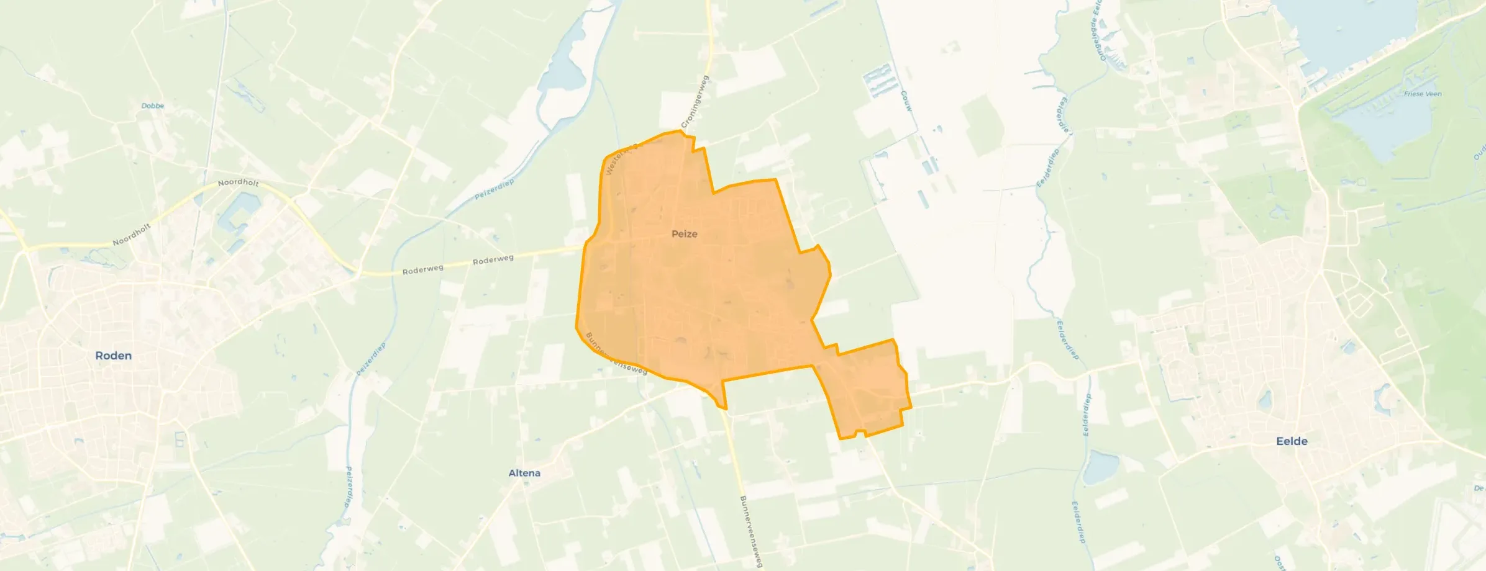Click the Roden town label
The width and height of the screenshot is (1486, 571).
(113, 356)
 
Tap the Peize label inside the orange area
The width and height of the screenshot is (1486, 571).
(684, 234)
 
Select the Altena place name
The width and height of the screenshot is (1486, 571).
(524, 473)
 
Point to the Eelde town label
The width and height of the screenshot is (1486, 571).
(1292, 441)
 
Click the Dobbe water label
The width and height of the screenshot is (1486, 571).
(153, 106)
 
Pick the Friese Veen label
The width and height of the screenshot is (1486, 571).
(1423, 94)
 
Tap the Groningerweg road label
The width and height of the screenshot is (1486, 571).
(696, 101)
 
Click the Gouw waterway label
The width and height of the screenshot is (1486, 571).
(906, 101)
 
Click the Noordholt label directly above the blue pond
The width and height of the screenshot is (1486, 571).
(238, 182)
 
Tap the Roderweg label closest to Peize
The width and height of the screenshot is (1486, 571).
(493, 260)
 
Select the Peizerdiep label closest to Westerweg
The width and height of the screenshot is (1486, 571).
(495, 189)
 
